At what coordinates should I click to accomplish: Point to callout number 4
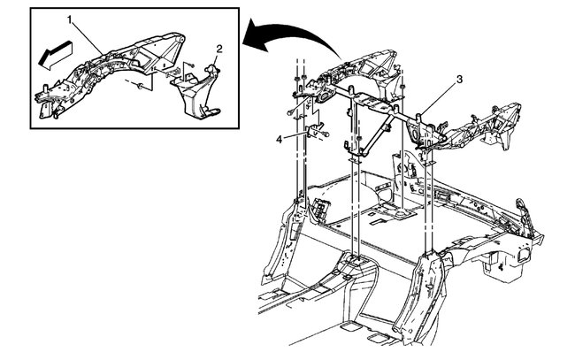point(280,138)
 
